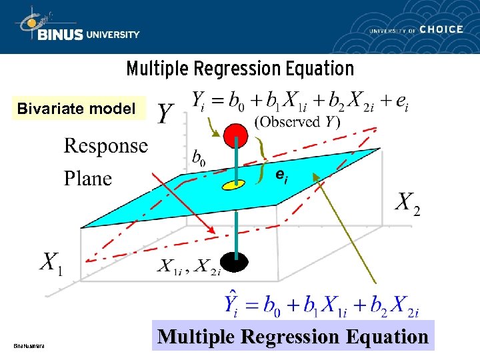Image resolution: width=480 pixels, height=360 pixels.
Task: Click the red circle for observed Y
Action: pyautogui.click(x=235, y=135)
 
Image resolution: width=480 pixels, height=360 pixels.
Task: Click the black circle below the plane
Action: pyautogui.click(x=235, y=262)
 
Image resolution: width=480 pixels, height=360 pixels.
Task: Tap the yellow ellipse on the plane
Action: pyautogui.click(x=234, y=184)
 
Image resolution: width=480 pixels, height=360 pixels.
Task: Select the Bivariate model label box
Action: pyautogui.click(x=76, y=108)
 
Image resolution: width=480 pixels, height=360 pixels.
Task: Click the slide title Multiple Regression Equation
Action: pyautogui.click(x=240, y=69)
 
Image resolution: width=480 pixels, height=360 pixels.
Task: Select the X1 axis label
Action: pyautogui.click(x=52, y=263)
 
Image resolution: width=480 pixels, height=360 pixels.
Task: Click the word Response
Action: pyautogui.click(x=106, y=145)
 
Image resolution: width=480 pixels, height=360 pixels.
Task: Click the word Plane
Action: pyautogui.click(x=88, y=178)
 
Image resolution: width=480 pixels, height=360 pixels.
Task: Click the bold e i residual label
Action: pyautogui.click(x=283, y=175)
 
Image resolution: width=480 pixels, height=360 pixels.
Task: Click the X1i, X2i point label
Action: pyautogui.click(x=189, y=267)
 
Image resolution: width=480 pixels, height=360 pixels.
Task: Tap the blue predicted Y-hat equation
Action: pyautogui.click(x=321, y=306)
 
